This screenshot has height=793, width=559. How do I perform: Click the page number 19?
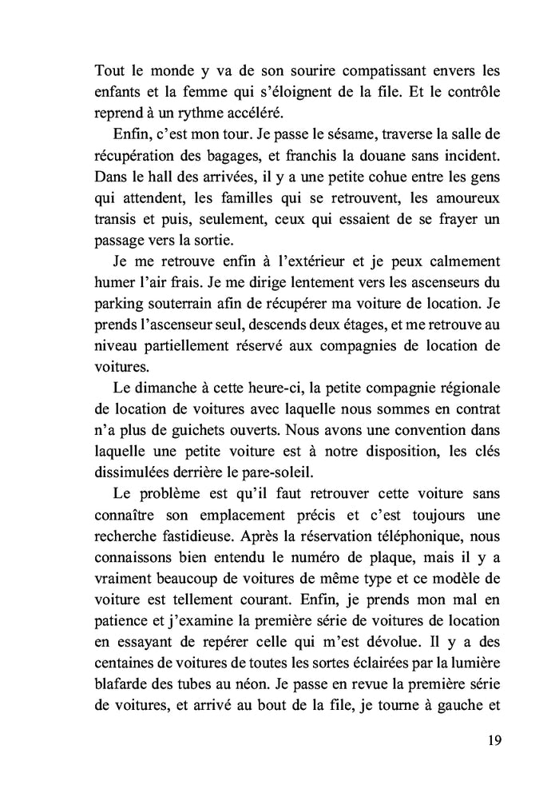493,739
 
